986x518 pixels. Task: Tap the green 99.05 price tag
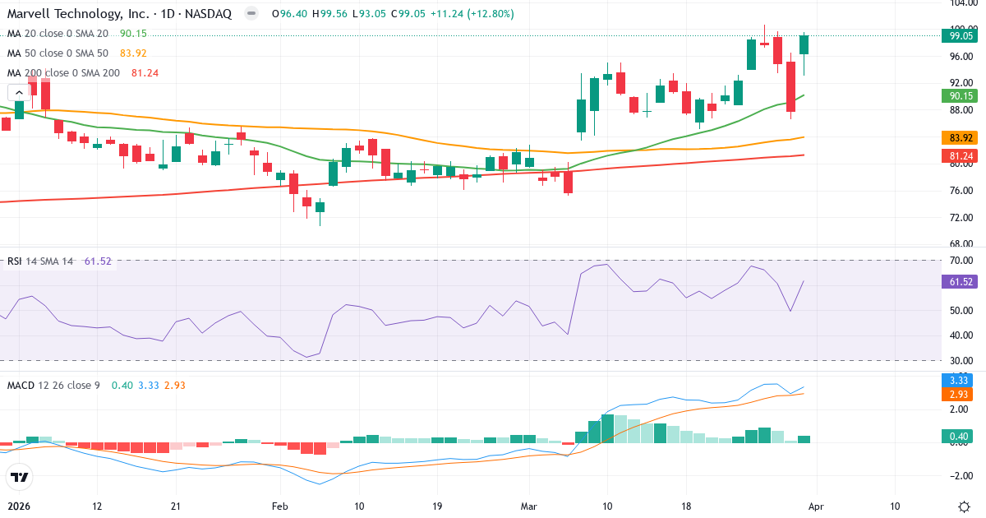pos(961,35)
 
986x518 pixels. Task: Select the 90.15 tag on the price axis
pos(961,95)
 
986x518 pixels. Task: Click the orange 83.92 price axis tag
pos(961,137)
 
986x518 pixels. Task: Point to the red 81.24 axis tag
pos(961,155)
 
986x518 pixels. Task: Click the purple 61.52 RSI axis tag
pos(961,281)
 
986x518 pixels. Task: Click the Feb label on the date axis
pos(280,506)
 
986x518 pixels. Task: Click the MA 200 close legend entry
pos(63,73)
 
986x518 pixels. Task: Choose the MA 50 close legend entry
pos(58,53)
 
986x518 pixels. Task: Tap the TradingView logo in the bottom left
pos(19,476)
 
